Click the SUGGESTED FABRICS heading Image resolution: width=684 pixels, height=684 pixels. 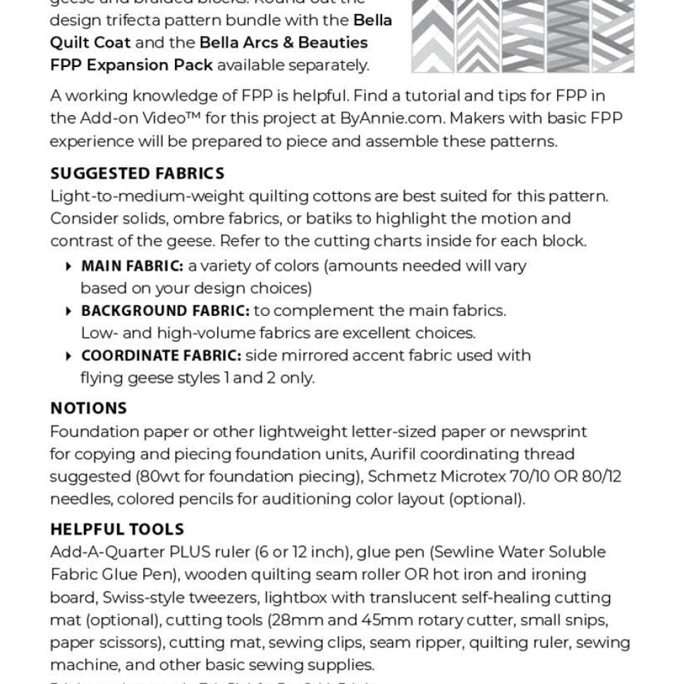point(138,173)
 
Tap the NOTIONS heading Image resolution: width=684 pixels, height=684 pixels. point(89,408)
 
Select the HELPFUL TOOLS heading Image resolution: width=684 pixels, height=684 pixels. point(117,530)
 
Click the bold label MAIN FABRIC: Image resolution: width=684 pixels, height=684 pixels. point(132,267)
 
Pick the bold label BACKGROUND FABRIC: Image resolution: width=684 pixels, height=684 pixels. point(165,311)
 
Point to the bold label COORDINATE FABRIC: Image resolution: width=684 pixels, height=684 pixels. point(161,355)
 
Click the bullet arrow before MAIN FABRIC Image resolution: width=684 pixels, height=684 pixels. point(68,267)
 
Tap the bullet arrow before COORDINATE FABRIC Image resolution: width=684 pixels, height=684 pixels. point(68,355)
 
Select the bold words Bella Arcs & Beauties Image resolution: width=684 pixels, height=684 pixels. point(283,42)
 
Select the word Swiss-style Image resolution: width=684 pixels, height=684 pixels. point(144,598)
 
